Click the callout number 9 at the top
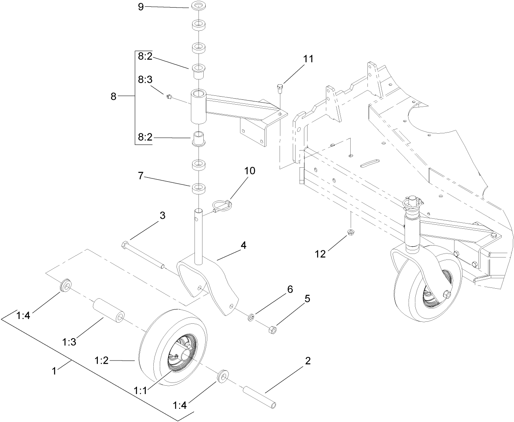coord(141,7)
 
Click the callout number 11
coord(308,59)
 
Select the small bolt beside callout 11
coord(280,87)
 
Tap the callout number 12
coord(321,254)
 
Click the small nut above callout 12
coord(351,232)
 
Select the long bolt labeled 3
coord(142,254)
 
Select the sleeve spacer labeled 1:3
coord(108,312)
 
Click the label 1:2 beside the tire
coord(101,361)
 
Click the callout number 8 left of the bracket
coord(113,96)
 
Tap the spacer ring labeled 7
coord(198,188)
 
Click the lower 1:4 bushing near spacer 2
coord(222,376)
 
